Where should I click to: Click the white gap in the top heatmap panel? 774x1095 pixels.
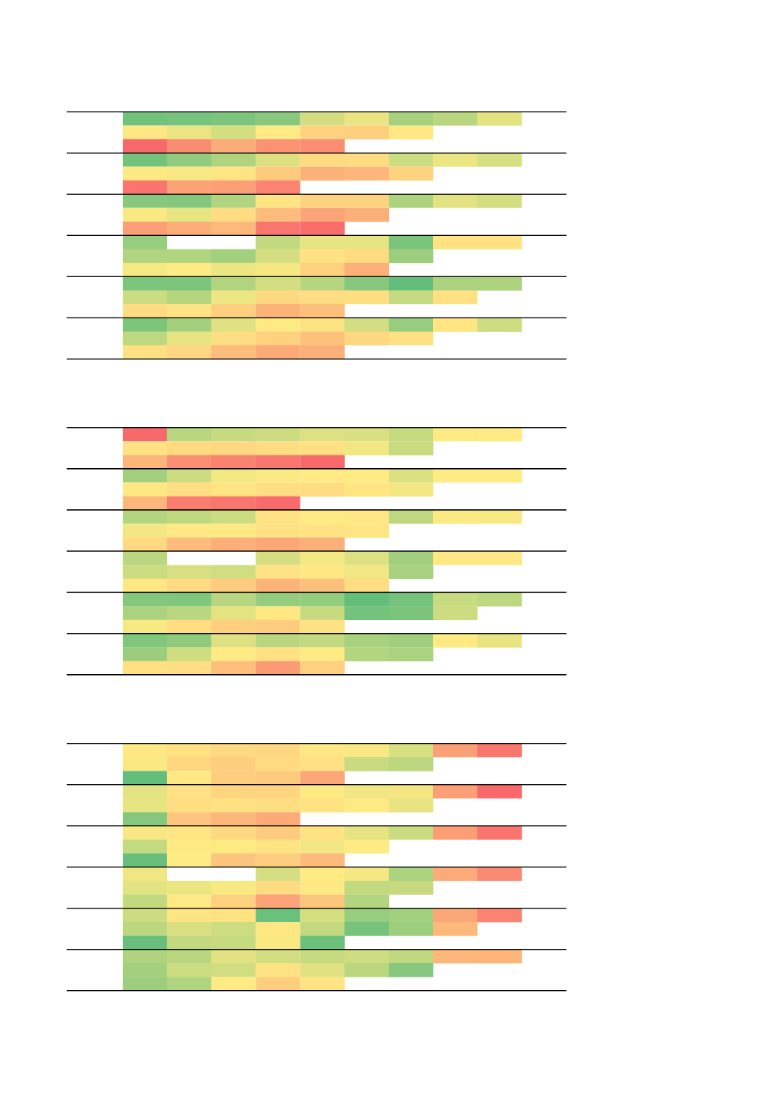pos(211,243)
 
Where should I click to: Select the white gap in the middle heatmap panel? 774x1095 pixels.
pos(211,559)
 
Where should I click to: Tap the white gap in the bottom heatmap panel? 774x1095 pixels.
pos(211,874)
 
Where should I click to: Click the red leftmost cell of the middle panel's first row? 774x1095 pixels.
pos(145,435)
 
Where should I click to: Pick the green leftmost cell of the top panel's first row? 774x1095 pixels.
pos(145,119)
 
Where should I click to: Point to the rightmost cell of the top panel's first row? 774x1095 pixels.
pos(500,119)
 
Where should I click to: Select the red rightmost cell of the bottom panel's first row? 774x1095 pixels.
pos(500,750)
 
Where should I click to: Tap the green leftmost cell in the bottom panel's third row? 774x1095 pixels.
pos(145,778)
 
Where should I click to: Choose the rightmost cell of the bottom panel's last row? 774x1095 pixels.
pos(322,983)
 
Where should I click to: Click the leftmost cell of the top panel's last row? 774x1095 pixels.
pos(145,352)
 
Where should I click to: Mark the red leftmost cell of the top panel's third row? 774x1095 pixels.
pos(145,146)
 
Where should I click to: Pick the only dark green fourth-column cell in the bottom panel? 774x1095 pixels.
pos(278,915)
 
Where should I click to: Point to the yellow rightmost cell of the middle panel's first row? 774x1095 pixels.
pos(500,435)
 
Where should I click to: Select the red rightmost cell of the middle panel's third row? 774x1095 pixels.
pos(322,462)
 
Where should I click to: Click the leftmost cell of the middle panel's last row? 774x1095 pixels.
pos(145,667)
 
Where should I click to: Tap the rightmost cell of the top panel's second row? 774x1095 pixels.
pos(411,133)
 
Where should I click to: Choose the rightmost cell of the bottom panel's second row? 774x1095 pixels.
pos(411,764)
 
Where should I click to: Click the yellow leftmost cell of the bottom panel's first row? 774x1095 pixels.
pos(145,750)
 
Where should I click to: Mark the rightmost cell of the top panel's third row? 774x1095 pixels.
pos(322,146)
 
